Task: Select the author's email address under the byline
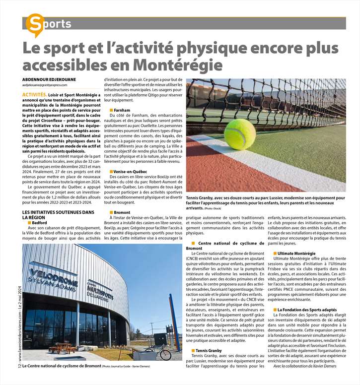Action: pos(45,85)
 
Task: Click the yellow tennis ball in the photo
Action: pos(239,133)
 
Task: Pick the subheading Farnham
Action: pos(122,110)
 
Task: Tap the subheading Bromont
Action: pos(122,212)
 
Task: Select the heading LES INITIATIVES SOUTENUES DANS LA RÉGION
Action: pos(58,215)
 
